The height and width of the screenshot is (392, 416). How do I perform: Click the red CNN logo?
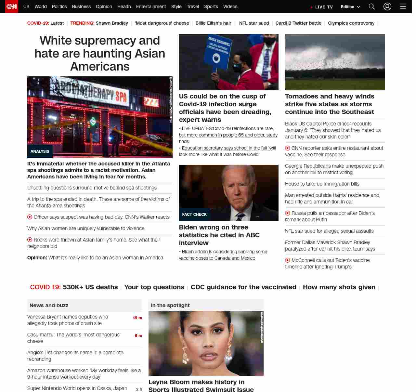coord(12,7)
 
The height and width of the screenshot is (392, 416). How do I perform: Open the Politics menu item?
coord(59,7)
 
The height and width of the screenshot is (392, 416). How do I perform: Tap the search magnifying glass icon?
coord(372,7)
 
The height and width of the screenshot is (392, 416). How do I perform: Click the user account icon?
coord(387,7)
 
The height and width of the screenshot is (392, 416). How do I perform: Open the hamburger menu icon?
coord(403,7)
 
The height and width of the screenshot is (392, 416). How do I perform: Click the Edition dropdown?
coord(350,7)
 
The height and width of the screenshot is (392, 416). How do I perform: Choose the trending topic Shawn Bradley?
coord(112,23)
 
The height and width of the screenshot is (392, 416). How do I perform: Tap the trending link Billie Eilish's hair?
coord(213,23)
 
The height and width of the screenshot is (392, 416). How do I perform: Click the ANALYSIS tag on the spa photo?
coord(40,151)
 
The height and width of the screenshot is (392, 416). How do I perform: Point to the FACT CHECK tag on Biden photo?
coord(194,215)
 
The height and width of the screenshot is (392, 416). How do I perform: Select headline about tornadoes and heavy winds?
coord(330,104)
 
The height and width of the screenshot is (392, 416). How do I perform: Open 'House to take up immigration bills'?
coord(322,184)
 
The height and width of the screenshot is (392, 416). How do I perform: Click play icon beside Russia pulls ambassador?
coord(288,213)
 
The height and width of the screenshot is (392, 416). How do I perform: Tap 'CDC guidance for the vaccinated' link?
coord(243,287)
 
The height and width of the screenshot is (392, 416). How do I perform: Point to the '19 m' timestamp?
coord(137,318)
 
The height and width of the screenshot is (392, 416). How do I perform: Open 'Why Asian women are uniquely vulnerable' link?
coord(86,229)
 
